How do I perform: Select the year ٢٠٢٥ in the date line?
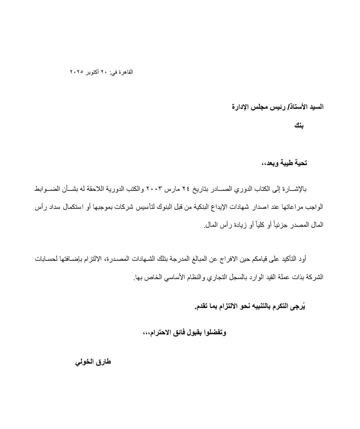tap(76, 72)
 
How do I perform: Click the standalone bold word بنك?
tap(299, 126)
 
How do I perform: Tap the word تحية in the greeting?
tap(300, 163)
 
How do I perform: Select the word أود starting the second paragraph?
tap(301, 259)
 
